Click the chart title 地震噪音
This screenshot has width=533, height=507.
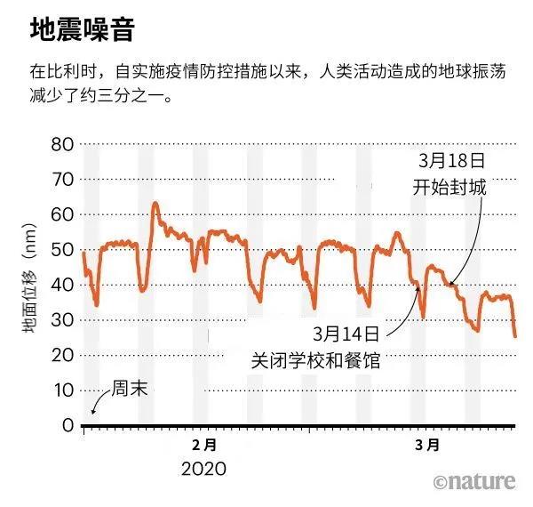(x=82, y=30)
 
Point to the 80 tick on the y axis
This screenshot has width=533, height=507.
(x=62, y=144)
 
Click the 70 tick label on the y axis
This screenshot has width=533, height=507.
(x=62, y=179)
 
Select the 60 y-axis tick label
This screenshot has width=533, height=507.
(x=62, y=214)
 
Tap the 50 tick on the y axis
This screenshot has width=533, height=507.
(x=62, y=250)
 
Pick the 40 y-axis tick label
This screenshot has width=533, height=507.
(x=62, y=285)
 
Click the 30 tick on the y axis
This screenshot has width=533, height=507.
(x=62, y=320)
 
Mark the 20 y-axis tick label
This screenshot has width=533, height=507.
(x=62, y=355)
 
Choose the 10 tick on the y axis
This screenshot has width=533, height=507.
(x=62, y=390)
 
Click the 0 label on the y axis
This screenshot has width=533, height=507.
(x=68, y=425)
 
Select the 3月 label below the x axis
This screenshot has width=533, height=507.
(x=428, y=444)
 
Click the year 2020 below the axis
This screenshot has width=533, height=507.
(x=204, y=468)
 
